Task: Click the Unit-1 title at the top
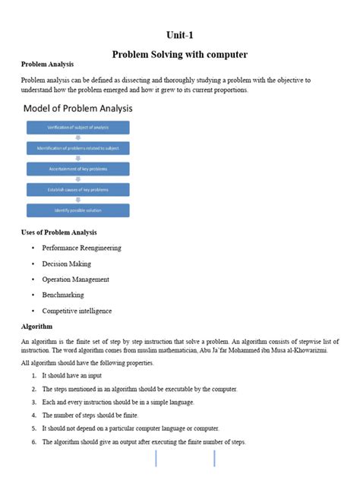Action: click(180, 35)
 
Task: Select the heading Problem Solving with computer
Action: click(180, 55)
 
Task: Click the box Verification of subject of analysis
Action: click(78, 128)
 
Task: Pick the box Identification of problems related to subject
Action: click(78, 148)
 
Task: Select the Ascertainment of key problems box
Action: click(78, 169)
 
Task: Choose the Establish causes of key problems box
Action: click(78, 189)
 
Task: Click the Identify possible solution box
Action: click(78, 210)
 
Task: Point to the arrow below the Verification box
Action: click(78, 138)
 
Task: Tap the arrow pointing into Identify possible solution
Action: click(78, 200)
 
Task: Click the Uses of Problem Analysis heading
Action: click(58, 232)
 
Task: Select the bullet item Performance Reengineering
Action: click(81, 248)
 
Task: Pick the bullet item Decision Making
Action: click(66, 264)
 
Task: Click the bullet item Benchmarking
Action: click(63, 295)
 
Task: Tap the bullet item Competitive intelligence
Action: click(77, 311)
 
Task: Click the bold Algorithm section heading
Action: click(36, 327)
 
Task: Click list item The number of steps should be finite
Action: click(100, 415)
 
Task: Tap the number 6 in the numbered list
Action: click(34, 442)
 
